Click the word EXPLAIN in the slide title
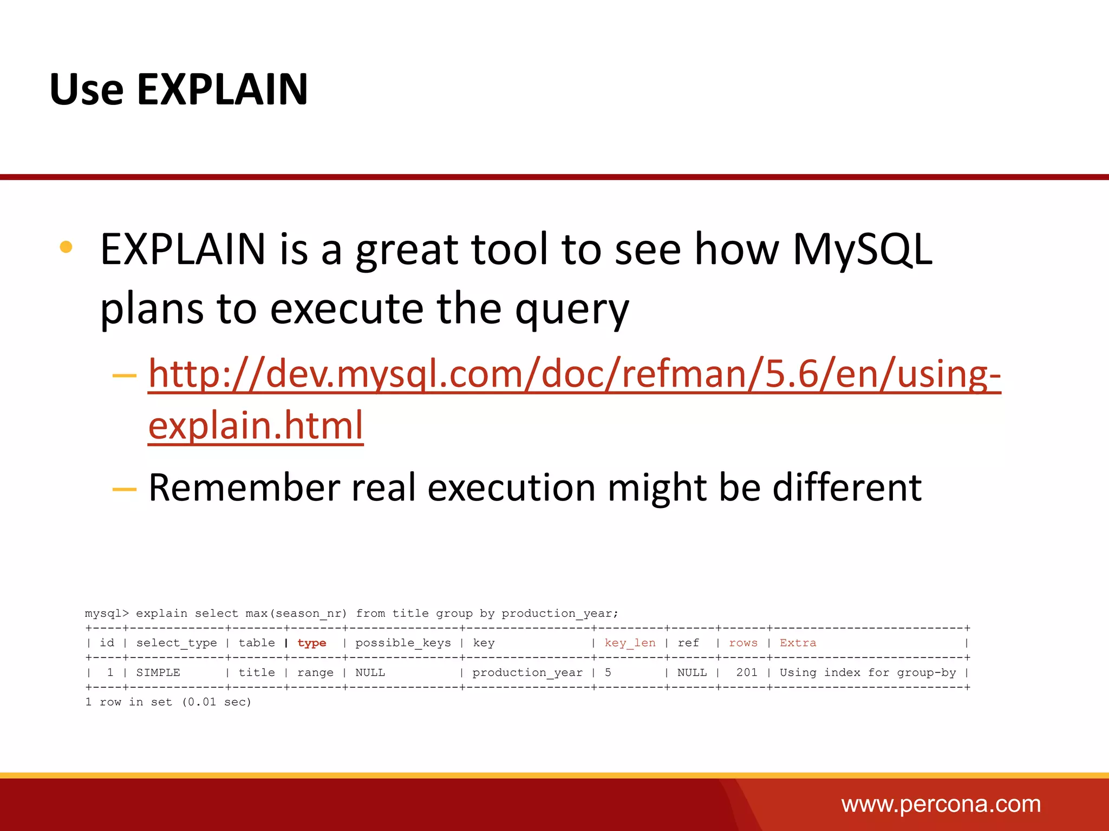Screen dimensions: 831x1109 tap(222, 89)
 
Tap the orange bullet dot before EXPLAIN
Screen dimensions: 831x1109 tap(66, 247)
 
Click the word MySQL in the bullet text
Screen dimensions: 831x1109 tap(862, 250)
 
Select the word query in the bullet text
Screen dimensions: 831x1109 tap(572, 309)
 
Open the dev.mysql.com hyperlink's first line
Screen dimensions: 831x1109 tap(574, 374)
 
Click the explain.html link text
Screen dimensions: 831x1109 tap(256, 426)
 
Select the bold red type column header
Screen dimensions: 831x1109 tap(312, 643)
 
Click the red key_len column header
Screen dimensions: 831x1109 tap(630, 643)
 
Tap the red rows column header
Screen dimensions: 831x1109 tap(743, 643)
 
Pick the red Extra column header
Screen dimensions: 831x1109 tap(798, 643)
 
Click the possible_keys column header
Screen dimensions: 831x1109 tap(403, 643)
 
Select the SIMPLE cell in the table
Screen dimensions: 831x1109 tap(158, 672)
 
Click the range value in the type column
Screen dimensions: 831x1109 tap(315, 672)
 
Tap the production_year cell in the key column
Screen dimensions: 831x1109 tap(527, 672)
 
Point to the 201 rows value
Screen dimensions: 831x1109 tap(747, 672)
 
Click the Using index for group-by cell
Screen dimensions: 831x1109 tap(867, 672)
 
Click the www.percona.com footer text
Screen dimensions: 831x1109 tap(941, 804)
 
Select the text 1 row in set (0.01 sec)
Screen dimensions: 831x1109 tap(168, 702)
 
